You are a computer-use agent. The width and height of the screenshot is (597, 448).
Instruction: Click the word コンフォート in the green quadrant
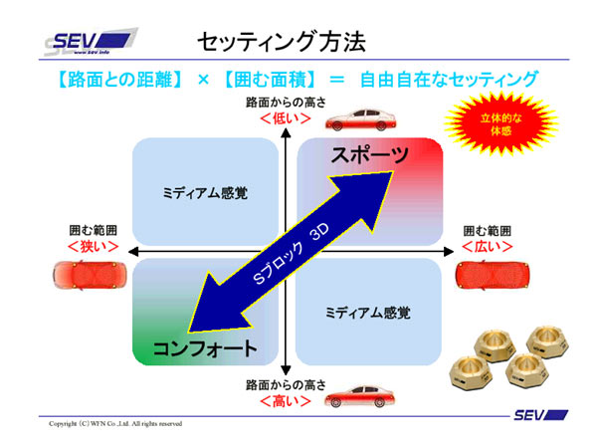(204, 348)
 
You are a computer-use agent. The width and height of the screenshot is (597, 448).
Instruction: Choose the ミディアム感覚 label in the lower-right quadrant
(367, 313)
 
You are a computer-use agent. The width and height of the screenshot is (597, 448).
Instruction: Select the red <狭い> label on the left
(94, 245)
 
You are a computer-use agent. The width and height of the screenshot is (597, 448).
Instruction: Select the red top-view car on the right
(488, 273)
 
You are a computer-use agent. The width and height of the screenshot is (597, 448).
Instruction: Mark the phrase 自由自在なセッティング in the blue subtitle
(449, 78)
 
